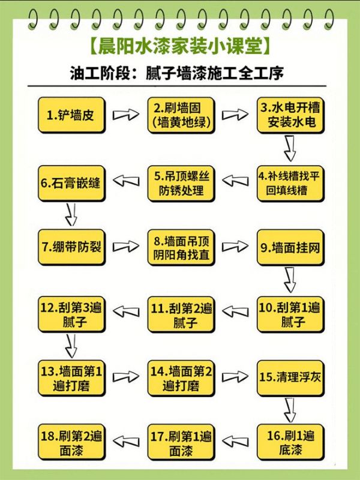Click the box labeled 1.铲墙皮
(72, 114)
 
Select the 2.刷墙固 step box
(181, 115)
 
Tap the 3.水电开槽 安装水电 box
(290, 115)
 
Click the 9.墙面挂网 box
(290, 247)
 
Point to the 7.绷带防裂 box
(72, 247)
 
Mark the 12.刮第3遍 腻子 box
(72, 314)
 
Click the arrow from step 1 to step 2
(125, 114)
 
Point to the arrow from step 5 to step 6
(126, 180)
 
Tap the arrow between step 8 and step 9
(235, 246)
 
